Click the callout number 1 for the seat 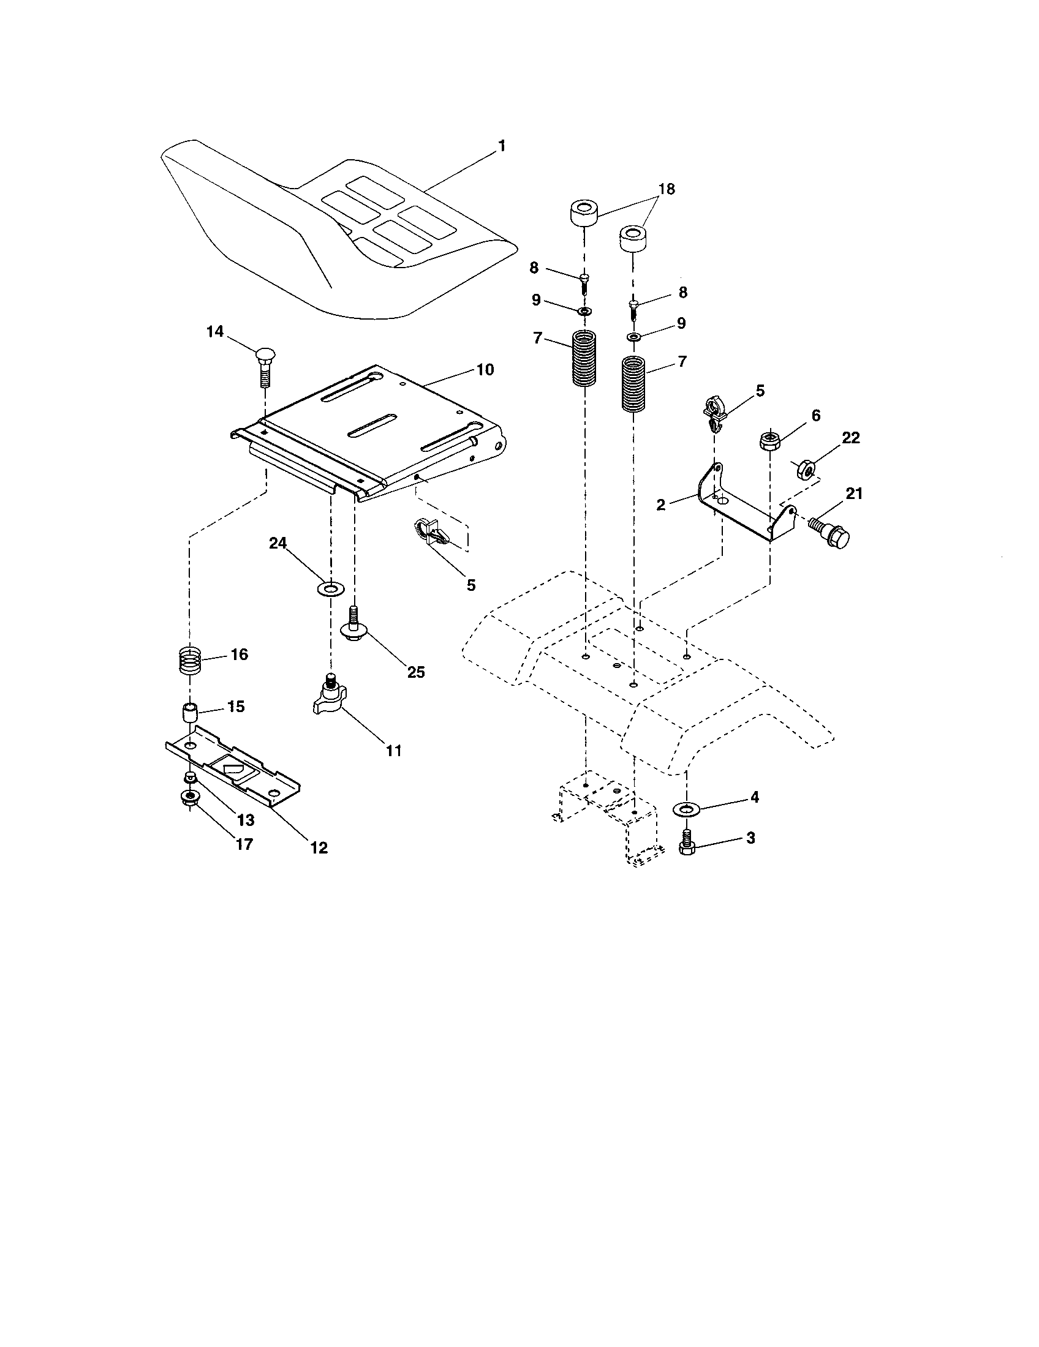[502, 146]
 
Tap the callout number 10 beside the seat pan [485, 370]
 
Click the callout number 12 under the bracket [319, 847]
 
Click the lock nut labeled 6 [770, 440]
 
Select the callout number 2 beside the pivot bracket [661, 505]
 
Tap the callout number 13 [245, 820]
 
